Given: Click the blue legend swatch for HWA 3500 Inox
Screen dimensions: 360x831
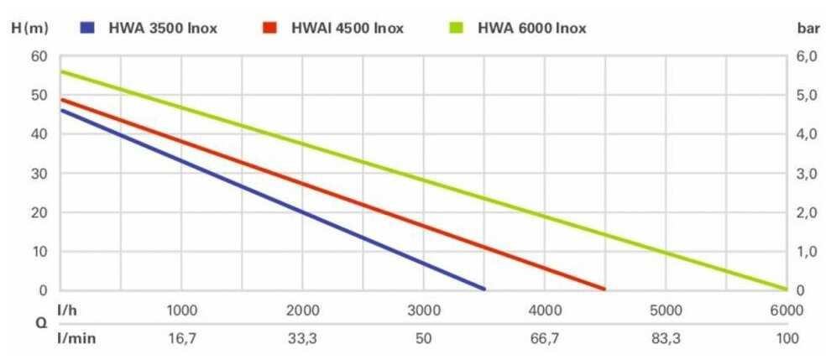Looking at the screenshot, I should (87, 28).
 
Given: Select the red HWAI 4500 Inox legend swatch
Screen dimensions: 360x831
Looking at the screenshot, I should (269, 28).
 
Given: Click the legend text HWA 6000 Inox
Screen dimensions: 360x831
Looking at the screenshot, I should (531, 28).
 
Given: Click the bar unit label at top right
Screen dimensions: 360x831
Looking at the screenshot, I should (807, 28).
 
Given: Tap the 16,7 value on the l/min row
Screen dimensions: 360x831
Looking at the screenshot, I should (182, 338).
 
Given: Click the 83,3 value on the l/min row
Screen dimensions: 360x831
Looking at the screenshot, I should (666, 338).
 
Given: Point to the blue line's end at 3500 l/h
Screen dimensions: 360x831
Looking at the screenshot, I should (483, 289).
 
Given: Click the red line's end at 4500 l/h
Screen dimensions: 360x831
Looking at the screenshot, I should (604, 289).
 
